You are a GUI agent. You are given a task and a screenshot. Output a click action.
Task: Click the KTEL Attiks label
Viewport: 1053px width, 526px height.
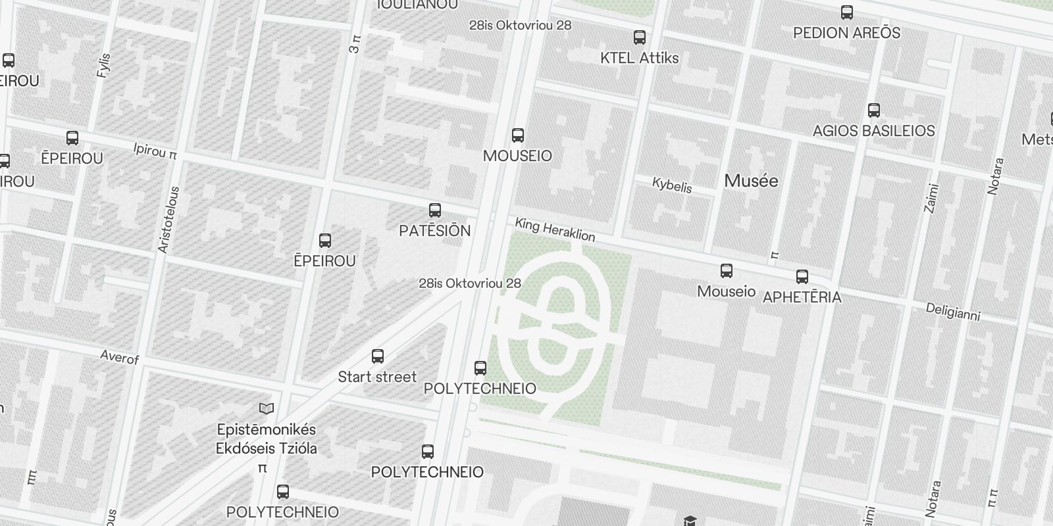pyautogui.click(x=639, y=58)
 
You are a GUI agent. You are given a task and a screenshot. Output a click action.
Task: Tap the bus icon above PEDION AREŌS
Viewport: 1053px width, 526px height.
pyautogui.click(x=847, y=12)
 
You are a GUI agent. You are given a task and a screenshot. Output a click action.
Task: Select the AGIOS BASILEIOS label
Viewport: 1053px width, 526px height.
pyautogui.click(x=873, y=131)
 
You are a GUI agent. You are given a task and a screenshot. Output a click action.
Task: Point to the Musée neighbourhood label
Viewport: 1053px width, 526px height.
pyautogui.click(x=751, y=181)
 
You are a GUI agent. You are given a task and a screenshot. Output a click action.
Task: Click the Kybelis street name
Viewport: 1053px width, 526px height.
pyautogui.click(x=672, y=185)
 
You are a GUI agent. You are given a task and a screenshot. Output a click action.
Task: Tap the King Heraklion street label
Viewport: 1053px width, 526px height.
pyautogui.click(x=555, y=229)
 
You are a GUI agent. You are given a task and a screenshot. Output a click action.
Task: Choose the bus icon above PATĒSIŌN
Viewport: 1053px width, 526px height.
pyautogui.click(x=434, y=210)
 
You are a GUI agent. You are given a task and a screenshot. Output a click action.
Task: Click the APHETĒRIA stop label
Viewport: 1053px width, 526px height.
pyautogui.click(x=802, y=297)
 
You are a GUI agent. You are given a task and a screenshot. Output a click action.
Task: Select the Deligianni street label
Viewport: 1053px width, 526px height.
pyautogui.click(x=952, y=312)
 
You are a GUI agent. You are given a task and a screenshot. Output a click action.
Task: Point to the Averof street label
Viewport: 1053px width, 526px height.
pyautogui.click(x=119, y=357)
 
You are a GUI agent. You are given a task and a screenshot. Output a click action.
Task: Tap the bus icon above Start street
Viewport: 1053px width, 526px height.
pyautogui.click(x=377, y=356)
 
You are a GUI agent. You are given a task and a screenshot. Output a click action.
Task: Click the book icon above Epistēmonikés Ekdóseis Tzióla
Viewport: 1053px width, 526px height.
pyautogui.click(x=266, y=409)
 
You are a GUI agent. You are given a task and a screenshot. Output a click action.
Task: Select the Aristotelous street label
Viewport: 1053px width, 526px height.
pyautogui.click(x=168, y=220)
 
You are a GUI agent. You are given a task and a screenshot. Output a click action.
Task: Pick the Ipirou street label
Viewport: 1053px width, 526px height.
pyautogui.click(x=155, y=151)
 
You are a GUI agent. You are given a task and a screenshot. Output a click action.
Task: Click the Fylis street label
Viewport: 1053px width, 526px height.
pyautogui.click(x=104, y=65)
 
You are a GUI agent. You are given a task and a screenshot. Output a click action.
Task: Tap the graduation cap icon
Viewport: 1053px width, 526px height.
pyautogui.click(x=689, y=521)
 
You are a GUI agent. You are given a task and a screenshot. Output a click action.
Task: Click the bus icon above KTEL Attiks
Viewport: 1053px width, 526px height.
pyautogui.click(x=639, y=37)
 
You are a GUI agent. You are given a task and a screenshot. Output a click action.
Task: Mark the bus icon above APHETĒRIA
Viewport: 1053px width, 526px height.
pyautogui.click(x=802, y=277)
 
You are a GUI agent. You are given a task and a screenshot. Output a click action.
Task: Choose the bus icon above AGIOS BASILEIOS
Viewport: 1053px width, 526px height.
pyautogui.click(x=873, y=110)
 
